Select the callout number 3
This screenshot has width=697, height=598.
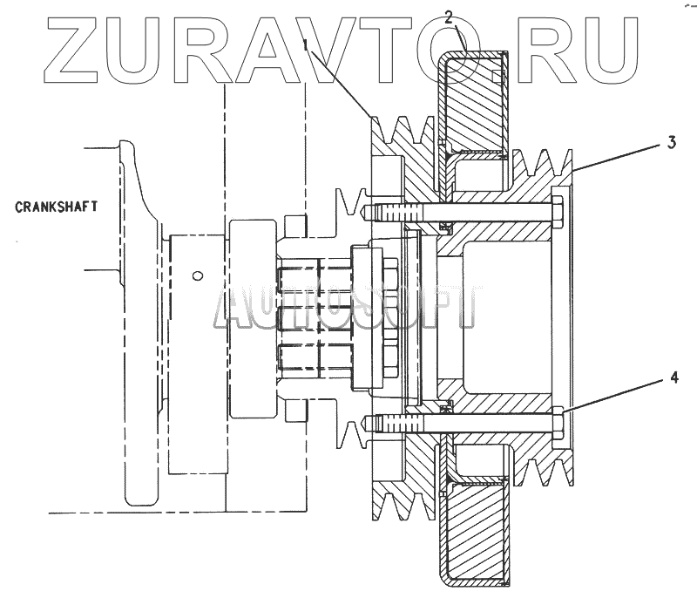click(x=672, y=143)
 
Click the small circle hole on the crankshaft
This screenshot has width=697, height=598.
click(x=199, y=275)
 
